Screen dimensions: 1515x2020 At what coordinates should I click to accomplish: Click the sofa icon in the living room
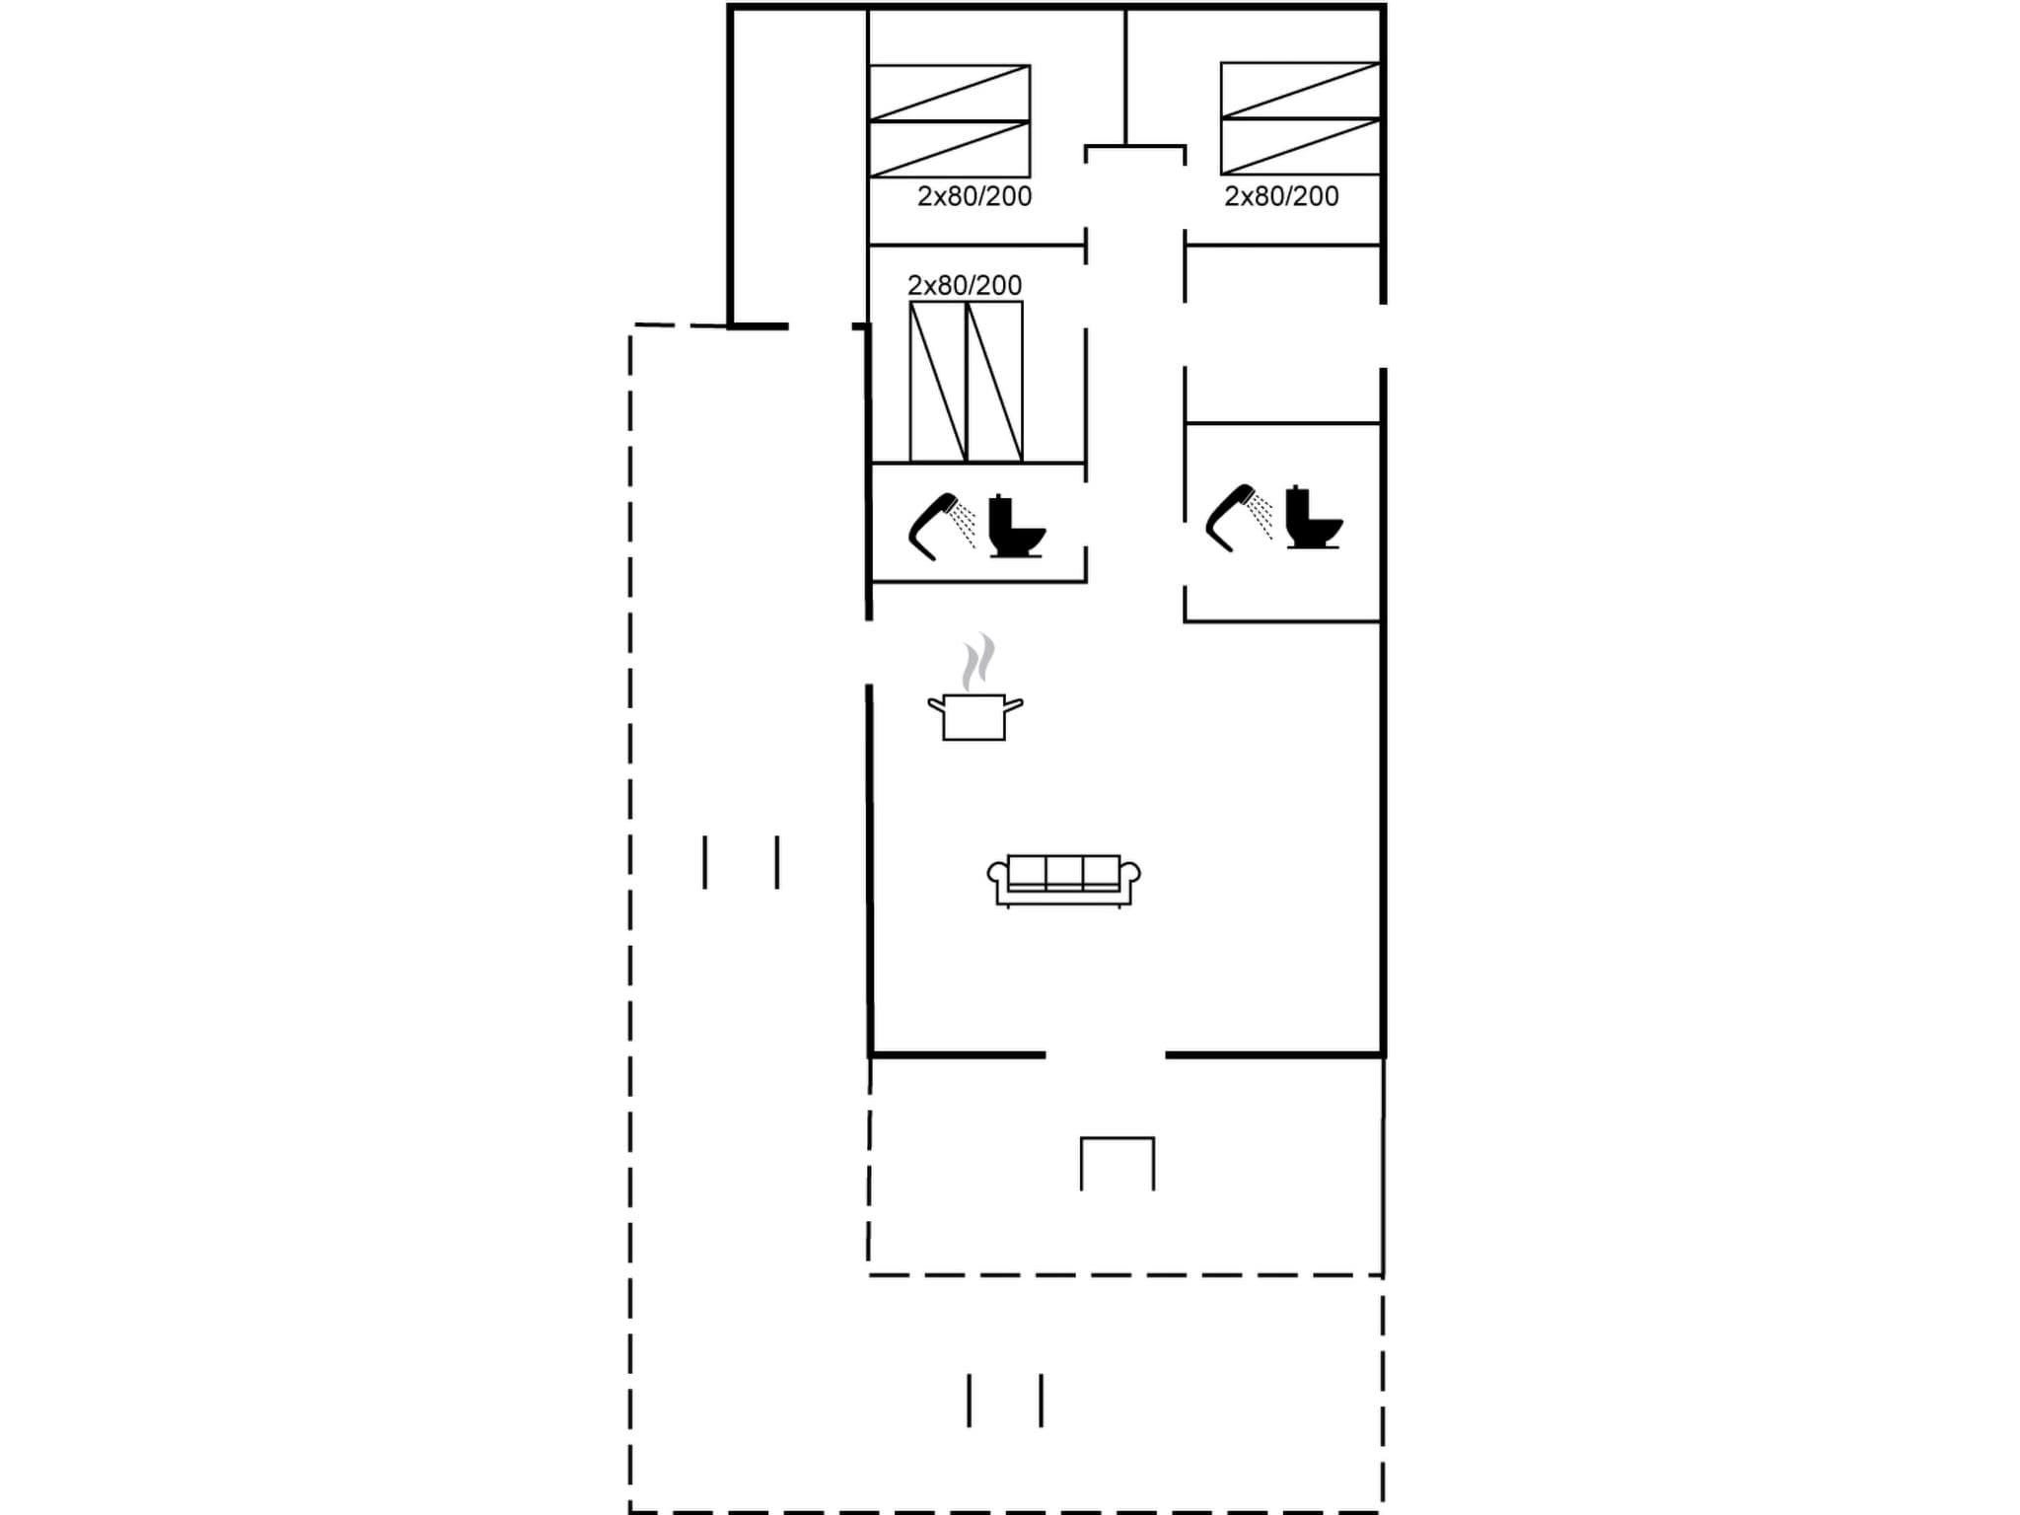1063,879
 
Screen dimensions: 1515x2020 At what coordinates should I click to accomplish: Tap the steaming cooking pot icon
974,715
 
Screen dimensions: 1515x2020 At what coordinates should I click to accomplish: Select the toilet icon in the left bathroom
1016,528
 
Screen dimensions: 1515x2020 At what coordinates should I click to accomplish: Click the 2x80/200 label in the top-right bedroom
1281,196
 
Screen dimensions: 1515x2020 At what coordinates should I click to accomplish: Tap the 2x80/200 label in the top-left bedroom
974,196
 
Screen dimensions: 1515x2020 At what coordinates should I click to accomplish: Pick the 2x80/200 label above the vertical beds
965,285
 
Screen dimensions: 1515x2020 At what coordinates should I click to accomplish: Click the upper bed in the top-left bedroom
949,94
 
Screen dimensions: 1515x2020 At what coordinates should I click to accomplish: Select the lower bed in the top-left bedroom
949,150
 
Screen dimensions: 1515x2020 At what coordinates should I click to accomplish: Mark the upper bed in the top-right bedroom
1300,91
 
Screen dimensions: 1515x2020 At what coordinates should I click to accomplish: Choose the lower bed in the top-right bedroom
1300,147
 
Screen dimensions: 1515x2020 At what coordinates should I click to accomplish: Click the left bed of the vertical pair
937,382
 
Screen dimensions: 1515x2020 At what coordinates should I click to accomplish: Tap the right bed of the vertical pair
994,382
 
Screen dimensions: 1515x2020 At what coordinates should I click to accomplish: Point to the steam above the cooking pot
977,661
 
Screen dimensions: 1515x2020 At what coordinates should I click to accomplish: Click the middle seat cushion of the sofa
1063,872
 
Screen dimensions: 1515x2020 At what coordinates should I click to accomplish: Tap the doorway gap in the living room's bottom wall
1105,1054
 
